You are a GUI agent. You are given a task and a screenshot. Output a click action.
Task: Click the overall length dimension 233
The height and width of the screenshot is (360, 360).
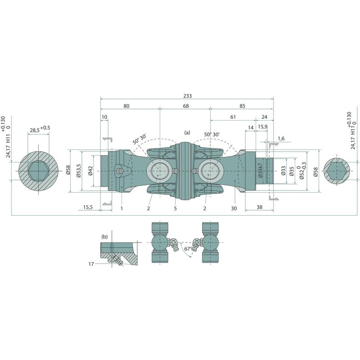point(187,96)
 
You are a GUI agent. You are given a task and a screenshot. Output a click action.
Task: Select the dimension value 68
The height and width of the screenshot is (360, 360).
point(186,106)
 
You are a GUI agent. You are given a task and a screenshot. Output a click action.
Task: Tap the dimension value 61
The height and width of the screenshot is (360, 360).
point(233,117)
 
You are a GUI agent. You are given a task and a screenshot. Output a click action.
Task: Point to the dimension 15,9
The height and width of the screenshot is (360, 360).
point(263,127)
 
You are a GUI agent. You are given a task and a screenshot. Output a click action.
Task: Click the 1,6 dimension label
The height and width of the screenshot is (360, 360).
point(281,138)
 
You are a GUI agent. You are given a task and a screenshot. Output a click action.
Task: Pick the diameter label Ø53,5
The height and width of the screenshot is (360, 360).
point(78,171)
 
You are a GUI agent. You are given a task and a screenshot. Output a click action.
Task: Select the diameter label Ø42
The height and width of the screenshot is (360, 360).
point(90,171)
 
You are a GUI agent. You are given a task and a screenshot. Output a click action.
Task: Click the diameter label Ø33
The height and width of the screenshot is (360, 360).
point(283,171)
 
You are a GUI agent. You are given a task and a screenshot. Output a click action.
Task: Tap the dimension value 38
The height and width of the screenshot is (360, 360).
point(260,207)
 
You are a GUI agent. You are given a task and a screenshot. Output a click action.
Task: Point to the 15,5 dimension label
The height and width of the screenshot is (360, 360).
point(88,207)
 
